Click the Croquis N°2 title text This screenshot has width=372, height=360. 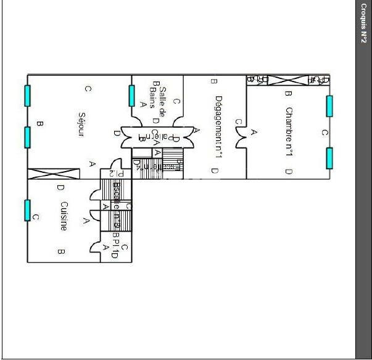click(x=363, y=24)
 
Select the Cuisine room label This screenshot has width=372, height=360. click(x=63, y=216)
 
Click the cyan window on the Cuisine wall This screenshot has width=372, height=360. click(x=27, y=210)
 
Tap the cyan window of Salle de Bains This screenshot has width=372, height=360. click(x=131, y=95)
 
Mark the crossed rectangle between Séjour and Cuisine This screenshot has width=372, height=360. click(x=54, y=174)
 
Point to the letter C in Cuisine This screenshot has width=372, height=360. click(x=36, y=217)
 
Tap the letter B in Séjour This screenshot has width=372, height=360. click(x=39, y=124)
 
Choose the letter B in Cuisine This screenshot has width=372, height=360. click(x=61, y=251)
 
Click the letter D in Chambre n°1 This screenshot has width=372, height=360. click(x=288, y=171)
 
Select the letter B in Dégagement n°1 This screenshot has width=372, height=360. click(x=213, y=80)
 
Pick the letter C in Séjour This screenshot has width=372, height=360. click(x=88, y=90)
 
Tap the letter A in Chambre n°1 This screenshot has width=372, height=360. click(x=254, y=132)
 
